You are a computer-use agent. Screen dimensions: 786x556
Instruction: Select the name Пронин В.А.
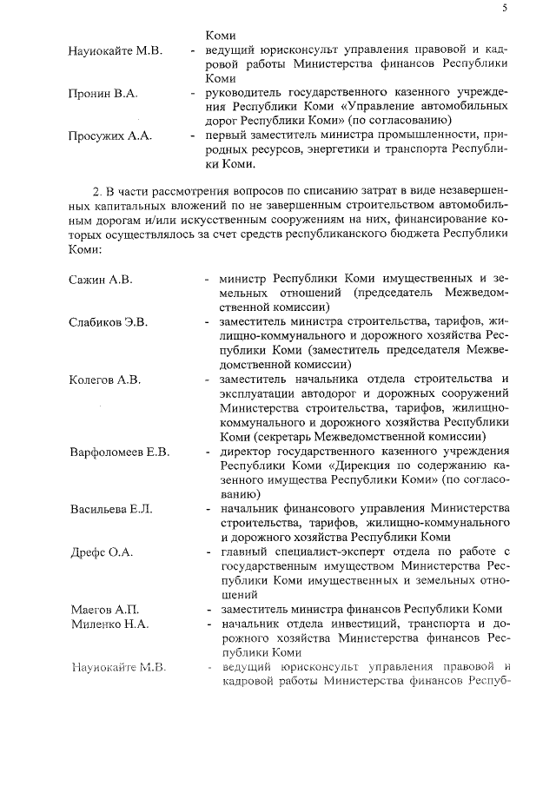coord(102,92)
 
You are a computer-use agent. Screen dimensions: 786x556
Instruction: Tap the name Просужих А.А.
coord(108,135)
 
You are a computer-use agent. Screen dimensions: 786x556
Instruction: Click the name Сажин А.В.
coord(101,279)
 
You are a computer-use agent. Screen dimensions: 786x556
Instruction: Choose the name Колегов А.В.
coord(104,380)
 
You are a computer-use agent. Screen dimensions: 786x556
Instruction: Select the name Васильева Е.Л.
coord(110,508)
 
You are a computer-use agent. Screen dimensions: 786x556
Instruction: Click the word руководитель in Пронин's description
coord(242,92)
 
